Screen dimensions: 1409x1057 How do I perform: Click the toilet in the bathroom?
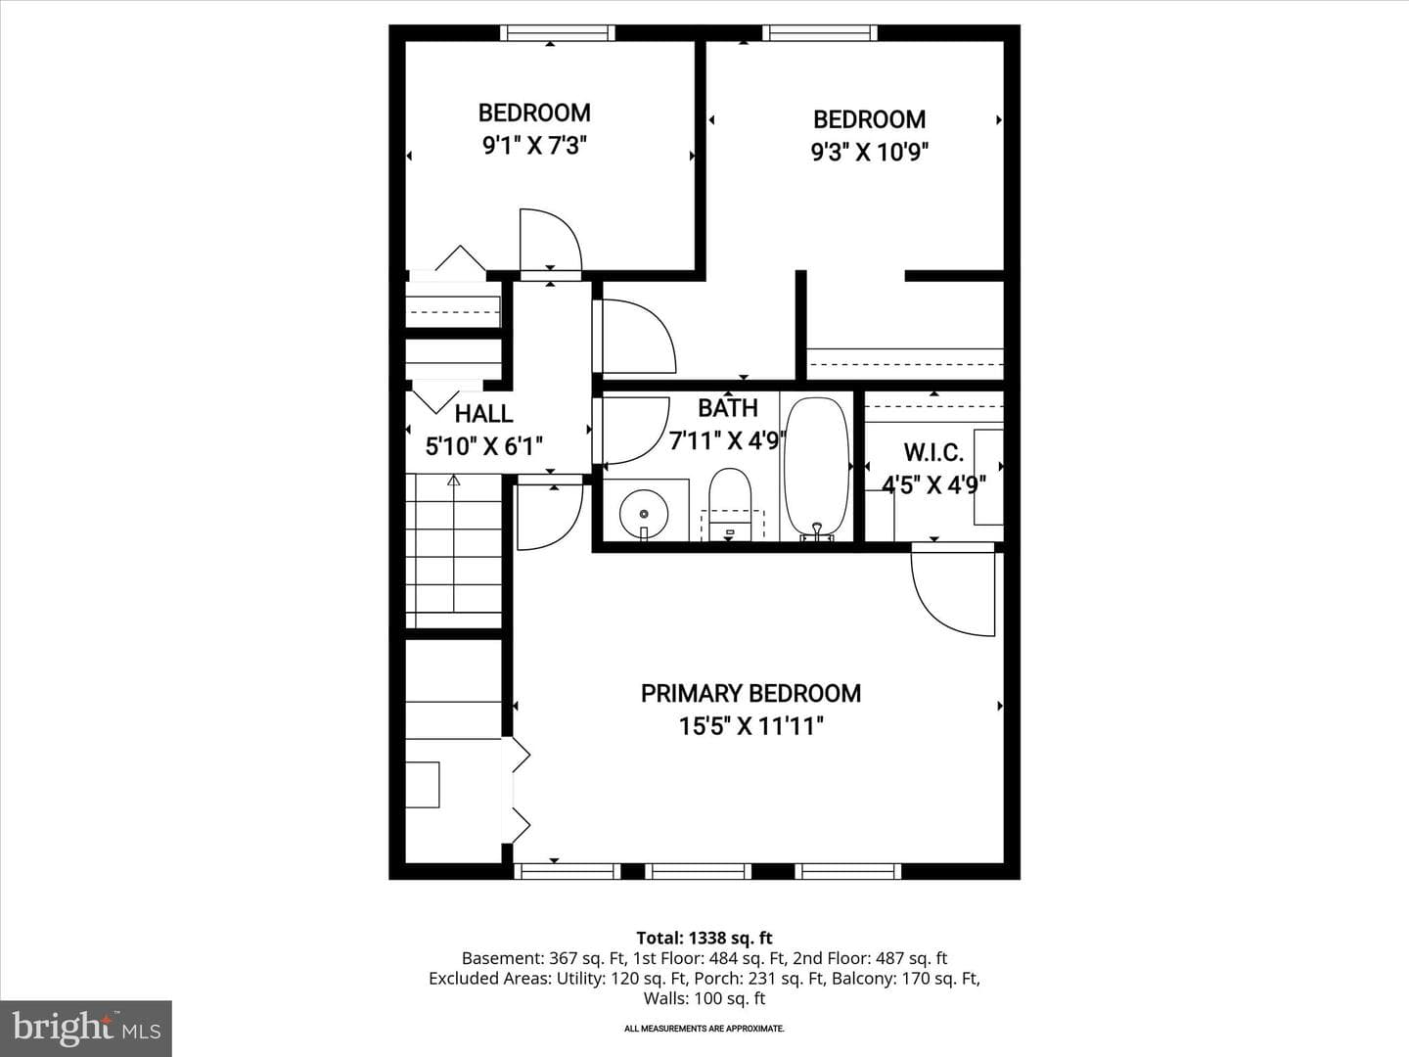[730, 504]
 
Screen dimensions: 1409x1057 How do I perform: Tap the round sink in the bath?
[643, 514]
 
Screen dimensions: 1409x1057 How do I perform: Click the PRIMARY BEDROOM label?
[750, 694]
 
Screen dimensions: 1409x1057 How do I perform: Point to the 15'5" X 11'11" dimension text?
[751, 726]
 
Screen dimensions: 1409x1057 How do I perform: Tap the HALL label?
[484, 414]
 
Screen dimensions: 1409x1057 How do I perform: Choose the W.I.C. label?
[933, 452]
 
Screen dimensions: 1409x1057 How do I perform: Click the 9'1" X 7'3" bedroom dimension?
[534, 147]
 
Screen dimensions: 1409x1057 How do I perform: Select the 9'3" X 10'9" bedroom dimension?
[870, 153]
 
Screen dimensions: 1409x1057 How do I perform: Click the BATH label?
[728, 408]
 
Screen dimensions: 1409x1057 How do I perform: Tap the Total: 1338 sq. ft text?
[704, 939]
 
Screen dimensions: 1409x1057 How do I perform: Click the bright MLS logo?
[86, 1028]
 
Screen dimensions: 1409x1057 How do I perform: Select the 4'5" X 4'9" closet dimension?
[934, 484]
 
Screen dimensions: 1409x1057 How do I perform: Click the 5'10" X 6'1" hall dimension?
[484, 446]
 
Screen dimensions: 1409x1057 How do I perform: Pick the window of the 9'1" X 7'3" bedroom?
[557, 32]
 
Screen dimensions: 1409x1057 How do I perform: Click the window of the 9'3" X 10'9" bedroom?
[820, 32]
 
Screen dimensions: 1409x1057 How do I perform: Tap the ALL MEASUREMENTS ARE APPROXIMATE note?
[704, 1029]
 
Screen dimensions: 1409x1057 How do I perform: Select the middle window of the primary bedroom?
[698, 871]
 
